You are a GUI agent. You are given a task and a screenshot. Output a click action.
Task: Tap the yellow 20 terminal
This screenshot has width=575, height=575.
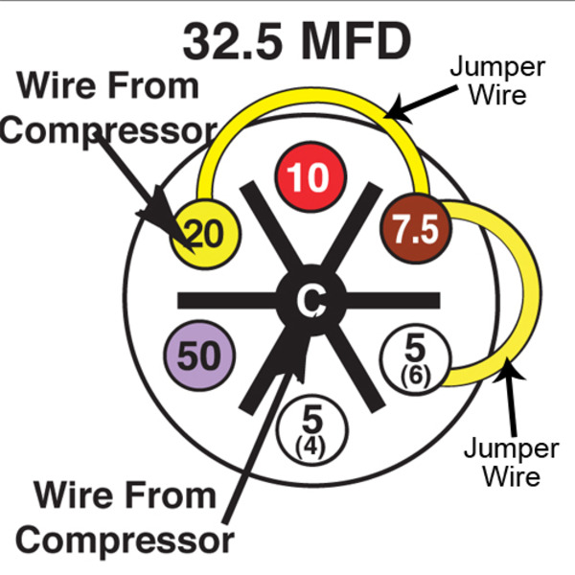(199, 231)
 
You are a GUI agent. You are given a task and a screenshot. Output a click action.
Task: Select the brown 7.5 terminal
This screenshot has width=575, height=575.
(414, 230)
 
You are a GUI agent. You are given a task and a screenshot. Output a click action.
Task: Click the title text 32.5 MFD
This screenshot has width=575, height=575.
(297, 40)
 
